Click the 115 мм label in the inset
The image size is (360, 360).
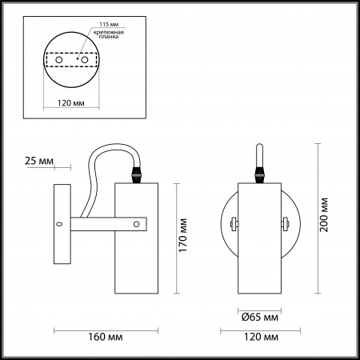[109, 24]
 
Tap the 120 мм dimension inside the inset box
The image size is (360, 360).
[71, 102]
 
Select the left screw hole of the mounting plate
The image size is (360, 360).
[59, 60]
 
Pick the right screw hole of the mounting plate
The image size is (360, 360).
[85, 60]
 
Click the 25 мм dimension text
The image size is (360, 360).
[39, 161]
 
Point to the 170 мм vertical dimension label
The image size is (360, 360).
[183, 235]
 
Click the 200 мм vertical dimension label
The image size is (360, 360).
[323, 215]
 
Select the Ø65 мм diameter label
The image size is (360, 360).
[260, 317]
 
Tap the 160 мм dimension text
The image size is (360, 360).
[106, 337]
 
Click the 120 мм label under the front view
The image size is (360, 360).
[261, 337]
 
